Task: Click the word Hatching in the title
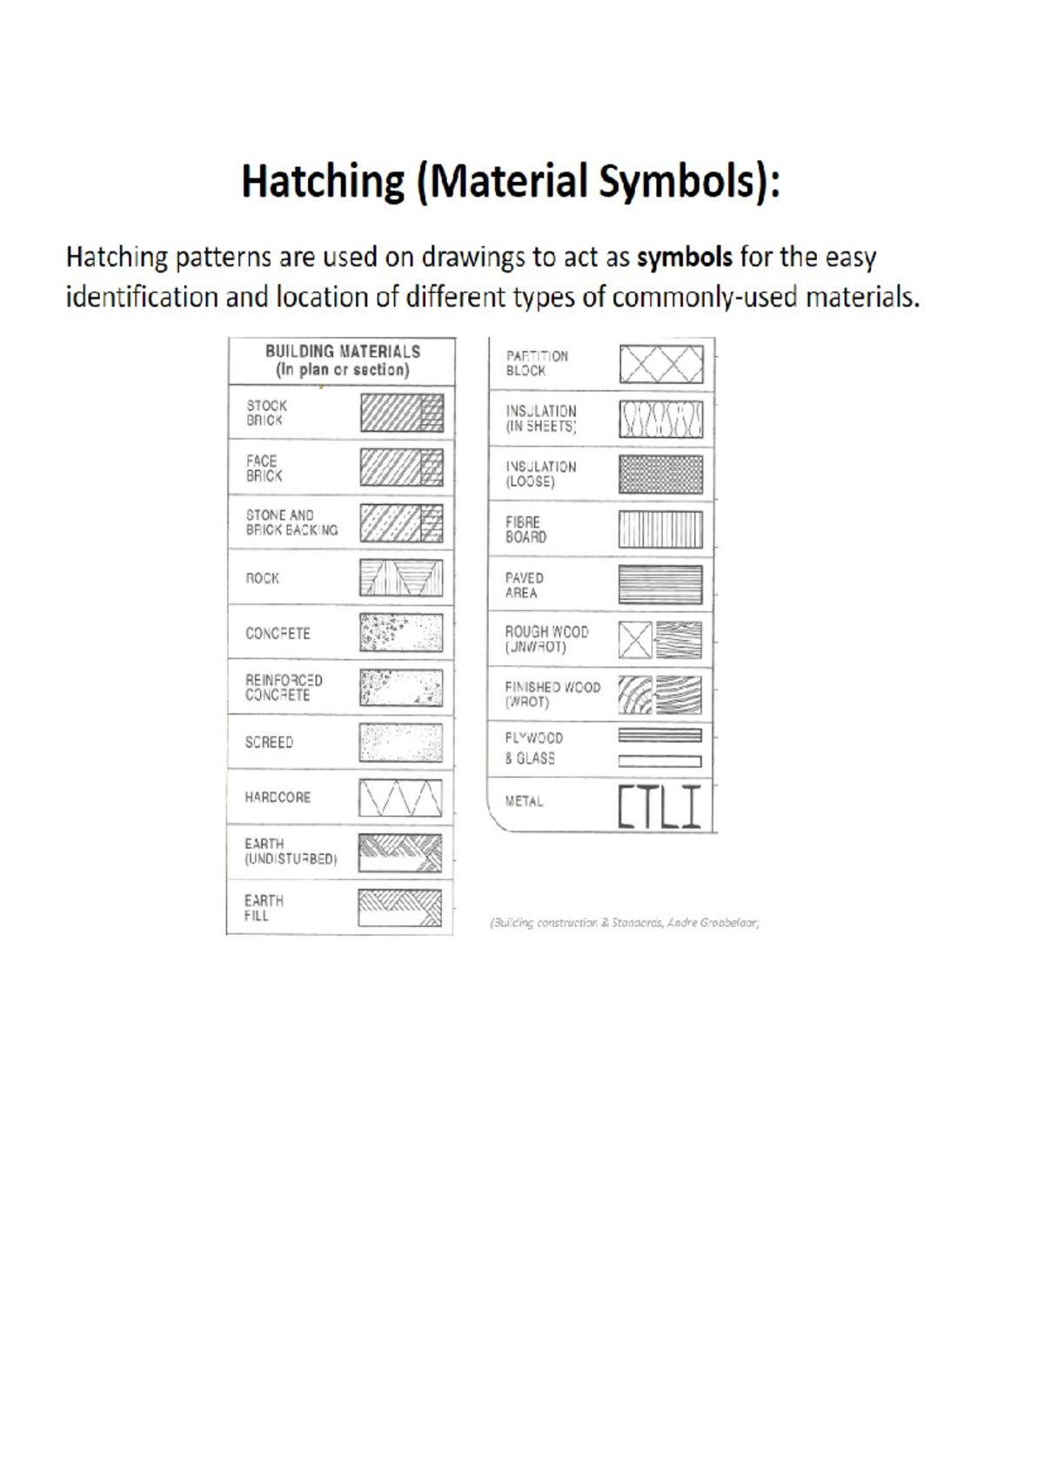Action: [322, 183]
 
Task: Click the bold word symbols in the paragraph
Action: [685, 258]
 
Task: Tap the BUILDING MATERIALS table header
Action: [342, 360]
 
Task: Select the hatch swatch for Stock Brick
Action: [402, 413]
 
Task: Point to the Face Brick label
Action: [263, 468]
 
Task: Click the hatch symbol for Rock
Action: [401, 577]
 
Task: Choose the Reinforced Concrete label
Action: [283, 688]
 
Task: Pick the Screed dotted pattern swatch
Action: [400, 742]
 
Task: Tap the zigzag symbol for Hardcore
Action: [400, 797]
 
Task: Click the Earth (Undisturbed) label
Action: [290, 851]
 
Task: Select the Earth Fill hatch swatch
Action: [400, 907]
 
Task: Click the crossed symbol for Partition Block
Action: [661, 364]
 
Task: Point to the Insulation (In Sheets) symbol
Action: [661, 419]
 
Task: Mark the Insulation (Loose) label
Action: [540, 474]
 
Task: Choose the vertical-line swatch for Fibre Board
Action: [661, 529]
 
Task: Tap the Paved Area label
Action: [524, 585]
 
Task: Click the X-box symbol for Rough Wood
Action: [635, 641]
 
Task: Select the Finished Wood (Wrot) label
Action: [552, 694]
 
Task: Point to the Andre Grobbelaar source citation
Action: [625, 922]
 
